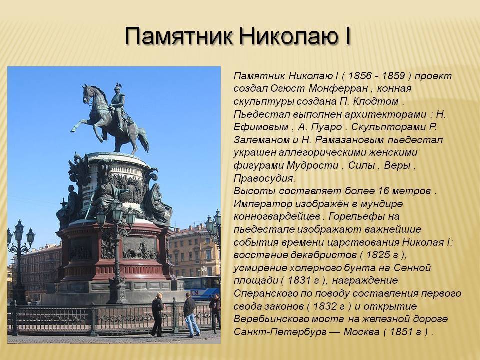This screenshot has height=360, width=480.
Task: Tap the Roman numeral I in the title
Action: (347, 36)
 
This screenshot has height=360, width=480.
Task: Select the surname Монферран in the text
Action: (338, 89)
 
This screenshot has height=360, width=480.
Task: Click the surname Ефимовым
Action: (261, 127)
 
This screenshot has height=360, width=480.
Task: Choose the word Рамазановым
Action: (349, 140)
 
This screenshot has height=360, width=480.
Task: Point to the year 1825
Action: (378, 255)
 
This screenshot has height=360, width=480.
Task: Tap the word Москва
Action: (361, 332)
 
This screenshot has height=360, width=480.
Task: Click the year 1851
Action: (401, 332)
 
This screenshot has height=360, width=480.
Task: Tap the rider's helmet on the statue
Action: (118, 87)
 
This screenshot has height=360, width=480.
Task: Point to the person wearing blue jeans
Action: (190, 315)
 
